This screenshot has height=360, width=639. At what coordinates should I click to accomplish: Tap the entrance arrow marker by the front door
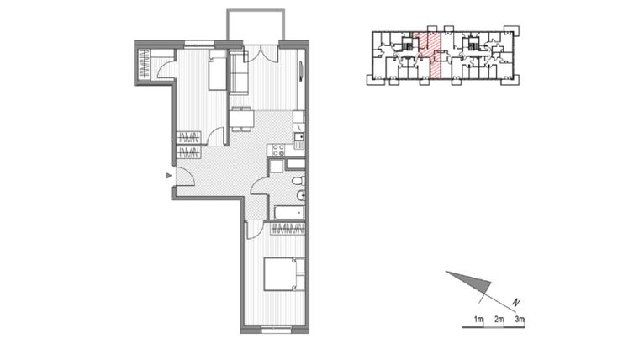(169, 176)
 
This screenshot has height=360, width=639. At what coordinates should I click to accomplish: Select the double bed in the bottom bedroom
(283, 273)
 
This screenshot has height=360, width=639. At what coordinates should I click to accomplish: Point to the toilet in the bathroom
(299, 196)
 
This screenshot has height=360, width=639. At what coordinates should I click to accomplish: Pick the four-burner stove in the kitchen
(276, 151)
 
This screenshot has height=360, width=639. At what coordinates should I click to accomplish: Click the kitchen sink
(298, 135)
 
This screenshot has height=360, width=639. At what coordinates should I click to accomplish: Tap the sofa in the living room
(239, 78)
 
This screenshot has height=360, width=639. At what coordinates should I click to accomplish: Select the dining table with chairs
(241, 119)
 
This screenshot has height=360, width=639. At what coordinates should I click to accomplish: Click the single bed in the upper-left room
(217, 71)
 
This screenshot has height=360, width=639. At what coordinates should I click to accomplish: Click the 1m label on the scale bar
(478, 320)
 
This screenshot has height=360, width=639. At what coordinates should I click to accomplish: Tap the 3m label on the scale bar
(520, 320)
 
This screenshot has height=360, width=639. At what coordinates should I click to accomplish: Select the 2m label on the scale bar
(499, 320)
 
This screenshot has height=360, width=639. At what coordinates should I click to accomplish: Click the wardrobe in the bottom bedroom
(288, 227)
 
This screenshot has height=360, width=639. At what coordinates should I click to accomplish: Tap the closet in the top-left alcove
(145, 65)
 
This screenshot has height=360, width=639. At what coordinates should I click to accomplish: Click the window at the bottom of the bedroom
(275, 331)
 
